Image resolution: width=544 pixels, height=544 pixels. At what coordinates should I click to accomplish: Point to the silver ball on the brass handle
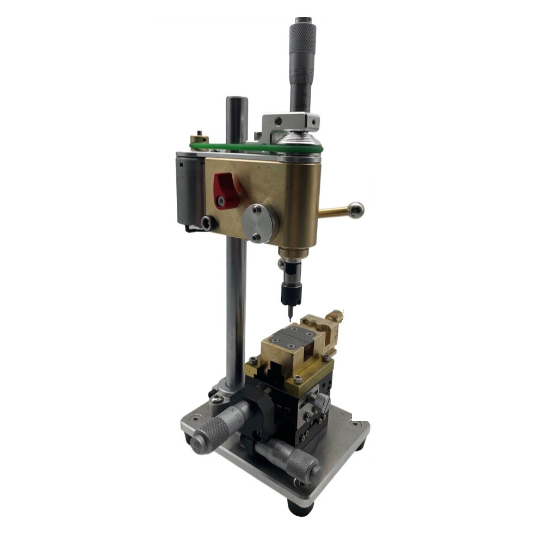click(356, 209)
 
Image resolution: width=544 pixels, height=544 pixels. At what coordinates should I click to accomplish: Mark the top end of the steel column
click(237, 101)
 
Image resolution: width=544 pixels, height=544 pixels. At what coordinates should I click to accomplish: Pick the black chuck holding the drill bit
click(288, 294)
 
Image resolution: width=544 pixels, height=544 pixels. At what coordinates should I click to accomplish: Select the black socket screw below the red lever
click(207, 222)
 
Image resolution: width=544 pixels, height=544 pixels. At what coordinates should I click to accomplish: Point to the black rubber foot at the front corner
click(300, 508)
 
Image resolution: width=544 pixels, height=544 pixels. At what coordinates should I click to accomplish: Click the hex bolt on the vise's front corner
click(298, 379)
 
